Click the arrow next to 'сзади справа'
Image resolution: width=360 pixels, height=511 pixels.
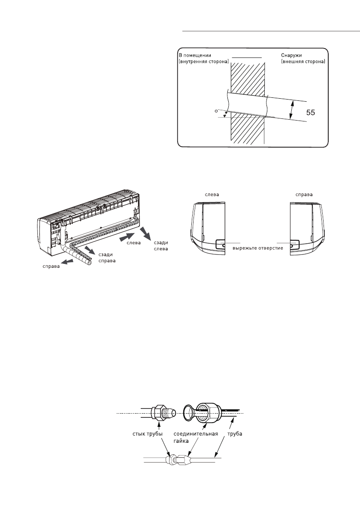click(x=91, y=249)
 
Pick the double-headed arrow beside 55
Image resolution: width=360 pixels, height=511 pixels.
click(x=292, y=110)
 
